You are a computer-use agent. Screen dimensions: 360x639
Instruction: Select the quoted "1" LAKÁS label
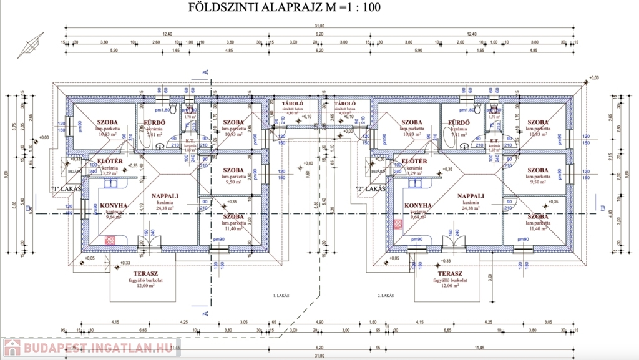(67, 188)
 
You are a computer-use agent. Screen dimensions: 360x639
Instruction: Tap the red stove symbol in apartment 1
(110, 240)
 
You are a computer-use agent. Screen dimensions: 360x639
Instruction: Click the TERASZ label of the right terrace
(450, 274)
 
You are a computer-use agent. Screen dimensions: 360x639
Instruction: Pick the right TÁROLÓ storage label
(345, 104)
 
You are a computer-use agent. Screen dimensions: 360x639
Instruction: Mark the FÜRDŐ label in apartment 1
(154, 122)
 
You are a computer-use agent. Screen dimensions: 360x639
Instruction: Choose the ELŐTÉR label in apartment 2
(415, 162)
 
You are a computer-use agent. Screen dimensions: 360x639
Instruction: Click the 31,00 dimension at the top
(319, 25)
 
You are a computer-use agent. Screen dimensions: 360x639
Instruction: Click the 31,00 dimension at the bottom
(319, 356)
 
